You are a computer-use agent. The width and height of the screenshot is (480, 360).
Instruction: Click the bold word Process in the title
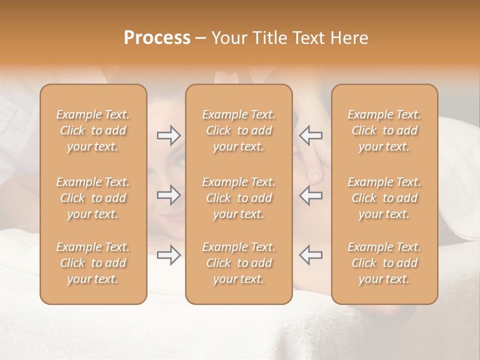point(157,38)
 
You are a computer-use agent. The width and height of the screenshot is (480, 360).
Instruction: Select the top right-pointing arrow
point(168,135)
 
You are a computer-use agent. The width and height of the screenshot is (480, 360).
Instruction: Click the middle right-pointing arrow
point(168,195)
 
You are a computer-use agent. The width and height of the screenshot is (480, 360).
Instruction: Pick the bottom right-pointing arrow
point(168,255)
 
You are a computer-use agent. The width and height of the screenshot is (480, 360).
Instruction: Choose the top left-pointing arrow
point(310,135)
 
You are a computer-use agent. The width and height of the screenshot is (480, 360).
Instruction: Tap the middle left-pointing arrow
point(310,195)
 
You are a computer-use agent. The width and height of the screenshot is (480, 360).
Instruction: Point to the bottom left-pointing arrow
point(310,255)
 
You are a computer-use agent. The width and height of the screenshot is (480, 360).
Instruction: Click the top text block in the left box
point(93,130)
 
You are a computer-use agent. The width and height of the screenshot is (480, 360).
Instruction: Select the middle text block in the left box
point(93,198)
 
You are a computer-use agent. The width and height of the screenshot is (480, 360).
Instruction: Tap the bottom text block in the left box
point(93,263)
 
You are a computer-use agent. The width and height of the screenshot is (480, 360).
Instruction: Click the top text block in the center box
point(239,130)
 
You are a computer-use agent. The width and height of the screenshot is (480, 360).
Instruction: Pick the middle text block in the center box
point(239,198)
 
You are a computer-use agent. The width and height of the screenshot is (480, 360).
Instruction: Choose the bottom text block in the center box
point(239,263)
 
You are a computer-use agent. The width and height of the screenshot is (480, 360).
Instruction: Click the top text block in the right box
point(384,130)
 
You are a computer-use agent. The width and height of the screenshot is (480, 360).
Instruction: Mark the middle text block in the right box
point(384,198)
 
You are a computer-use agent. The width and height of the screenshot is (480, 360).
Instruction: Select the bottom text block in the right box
point(384,263)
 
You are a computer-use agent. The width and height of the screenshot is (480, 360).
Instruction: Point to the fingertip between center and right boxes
point(315,175)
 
